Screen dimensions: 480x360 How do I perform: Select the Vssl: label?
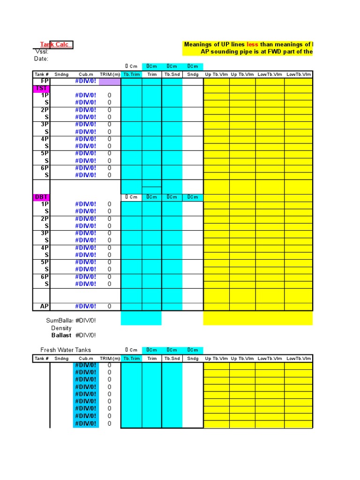coord(42,52)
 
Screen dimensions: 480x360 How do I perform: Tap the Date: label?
coord(41,59)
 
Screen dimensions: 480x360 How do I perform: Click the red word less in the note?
coord(252,45)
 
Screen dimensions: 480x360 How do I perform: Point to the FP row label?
coord(45,81)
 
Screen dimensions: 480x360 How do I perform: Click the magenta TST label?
coord(40,88)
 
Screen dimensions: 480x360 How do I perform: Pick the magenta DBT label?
coord(40,197)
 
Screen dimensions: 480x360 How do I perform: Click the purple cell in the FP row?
coord(110,82)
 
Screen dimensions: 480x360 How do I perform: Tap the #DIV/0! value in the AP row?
coord(85,306)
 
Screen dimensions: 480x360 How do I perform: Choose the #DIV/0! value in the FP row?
coord(85,81)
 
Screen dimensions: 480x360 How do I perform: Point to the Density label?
coord(61,328)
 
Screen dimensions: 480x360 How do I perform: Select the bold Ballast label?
coord(61,335)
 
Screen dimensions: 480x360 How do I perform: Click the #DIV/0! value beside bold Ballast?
coord(85,335)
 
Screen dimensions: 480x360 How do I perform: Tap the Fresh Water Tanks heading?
coord(66,350)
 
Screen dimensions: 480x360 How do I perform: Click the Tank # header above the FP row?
coord(41,74)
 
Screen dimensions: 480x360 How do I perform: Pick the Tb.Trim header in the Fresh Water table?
coord(131,358)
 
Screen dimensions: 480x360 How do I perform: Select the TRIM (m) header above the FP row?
coord(110,74)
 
